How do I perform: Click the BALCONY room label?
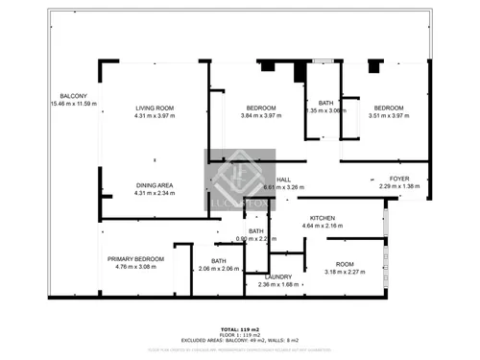pyautogui.click(x=74, y=96)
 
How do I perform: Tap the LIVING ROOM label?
pyautogui.click(x=153, y=108)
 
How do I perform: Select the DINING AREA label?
pyautogui.click(x=153, y=184)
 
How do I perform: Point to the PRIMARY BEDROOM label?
pyautogui.click(x=135, y=259)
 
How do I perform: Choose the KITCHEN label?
pyautogui.click(x=322, y=218)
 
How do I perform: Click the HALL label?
pyautogui.click(x=283, y=180)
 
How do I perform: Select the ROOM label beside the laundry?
pyautogui.click(x=345, y=264)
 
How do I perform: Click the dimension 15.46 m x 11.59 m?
pyautogui.click(x=74, y=104)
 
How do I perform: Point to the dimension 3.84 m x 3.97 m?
pyautogui.click(x=261, y=115)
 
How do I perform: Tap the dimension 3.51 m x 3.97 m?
pyautogui.click(x=389, y=115)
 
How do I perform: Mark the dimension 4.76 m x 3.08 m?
pyautogui.click(x=135, y=267)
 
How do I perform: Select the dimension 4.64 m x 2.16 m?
pyautogui.click(x=322, y=226)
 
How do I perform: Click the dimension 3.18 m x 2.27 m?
pyautogui.click(x=345, y=272)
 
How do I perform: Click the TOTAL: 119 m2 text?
pyautogui.click(x=240, y=328)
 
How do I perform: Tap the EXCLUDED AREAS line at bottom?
pyautogui.click(x=240, y=340)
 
